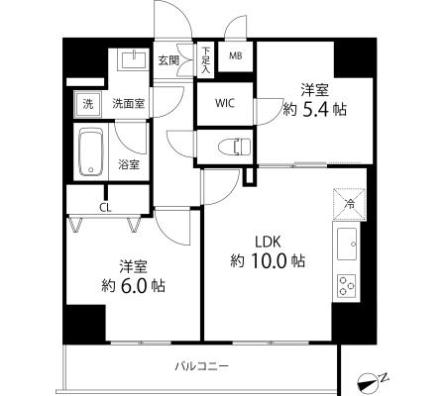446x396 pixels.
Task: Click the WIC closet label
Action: coord(225,103)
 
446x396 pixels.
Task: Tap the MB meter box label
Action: coord(236,55)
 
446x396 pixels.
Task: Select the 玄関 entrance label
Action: coord(168,60)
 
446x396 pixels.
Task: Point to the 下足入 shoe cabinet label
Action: coord(206,60)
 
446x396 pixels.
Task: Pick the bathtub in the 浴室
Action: coord(91,151)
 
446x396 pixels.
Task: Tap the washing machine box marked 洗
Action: coord(87,104)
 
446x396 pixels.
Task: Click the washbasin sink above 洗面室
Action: coord(134,59)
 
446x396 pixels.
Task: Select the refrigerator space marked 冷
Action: coord(349,204)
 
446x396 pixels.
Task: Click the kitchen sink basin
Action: coord(347,244)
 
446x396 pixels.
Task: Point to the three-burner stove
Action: coord(347,285)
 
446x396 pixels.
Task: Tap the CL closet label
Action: coord(106,208)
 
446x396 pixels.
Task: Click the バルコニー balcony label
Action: coord(201,366)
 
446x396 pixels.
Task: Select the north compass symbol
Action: coord(367,383)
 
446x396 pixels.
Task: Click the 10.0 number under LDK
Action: coord(269,260)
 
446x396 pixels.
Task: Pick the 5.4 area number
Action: coord(315,109)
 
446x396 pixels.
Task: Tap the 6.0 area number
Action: coord(134,286)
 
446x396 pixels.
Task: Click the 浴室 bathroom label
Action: coord(129,164)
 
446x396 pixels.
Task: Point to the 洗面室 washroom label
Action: coord(129,104)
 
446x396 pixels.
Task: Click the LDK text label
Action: coord(268,242)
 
